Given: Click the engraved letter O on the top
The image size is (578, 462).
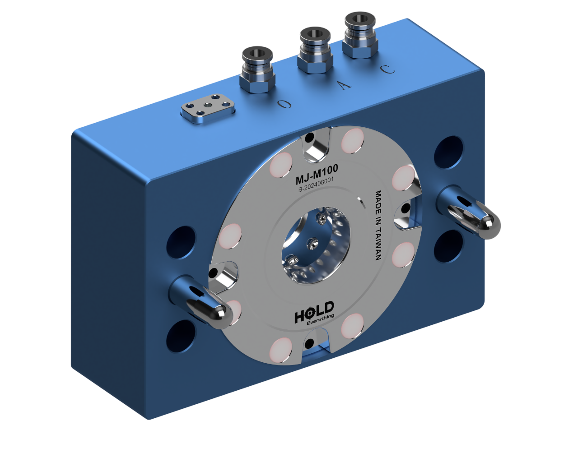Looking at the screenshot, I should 284,104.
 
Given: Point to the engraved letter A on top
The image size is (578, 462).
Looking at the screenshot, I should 345,85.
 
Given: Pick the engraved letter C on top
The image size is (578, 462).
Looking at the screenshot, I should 387,69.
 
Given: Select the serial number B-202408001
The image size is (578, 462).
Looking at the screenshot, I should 316,187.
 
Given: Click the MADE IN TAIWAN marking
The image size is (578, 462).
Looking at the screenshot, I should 379,225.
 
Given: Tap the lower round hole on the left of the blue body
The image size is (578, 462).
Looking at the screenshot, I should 180,337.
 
